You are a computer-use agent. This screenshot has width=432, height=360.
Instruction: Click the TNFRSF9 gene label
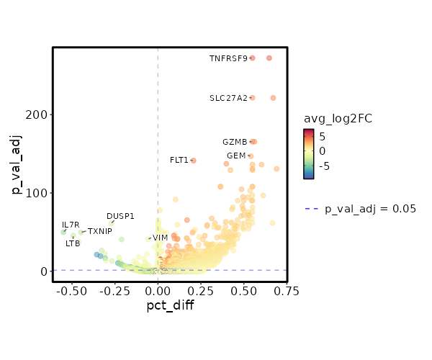point(228,58)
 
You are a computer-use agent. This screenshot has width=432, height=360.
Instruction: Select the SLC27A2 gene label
point(228,98)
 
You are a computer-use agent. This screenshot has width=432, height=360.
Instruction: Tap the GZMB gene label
point(235,142)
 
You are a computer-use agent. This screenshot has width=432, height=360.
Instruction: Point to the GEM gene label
point(236,156)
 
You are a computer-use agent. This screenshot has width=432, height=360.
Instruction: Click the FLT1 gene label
point(179,160)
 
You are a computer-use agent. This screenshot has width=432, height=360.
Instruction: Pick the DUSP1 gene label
point(120,216)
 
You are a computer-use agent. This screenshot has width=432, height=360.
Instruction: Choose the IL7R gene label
point(71,225)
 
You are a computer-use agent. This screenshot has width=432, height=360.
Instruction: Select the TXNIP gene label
point(100,231)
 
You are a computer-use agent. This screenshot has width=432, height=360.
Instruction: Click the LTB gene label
point(73,243)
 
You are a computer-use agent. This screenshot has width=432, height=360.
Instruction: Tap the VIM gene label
point(160,238)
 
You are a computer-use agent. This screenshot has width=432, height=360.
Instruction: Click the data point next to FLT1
point(193,161)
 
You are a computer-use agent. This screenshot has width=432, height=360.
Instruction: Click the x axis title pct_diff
point(170,305)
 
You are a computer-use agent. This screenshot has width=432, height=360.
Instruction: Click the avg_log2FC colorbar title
point(337,118)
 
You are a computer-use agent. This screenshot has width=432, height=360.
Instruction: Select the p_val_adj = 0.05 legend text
point(371,209)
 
